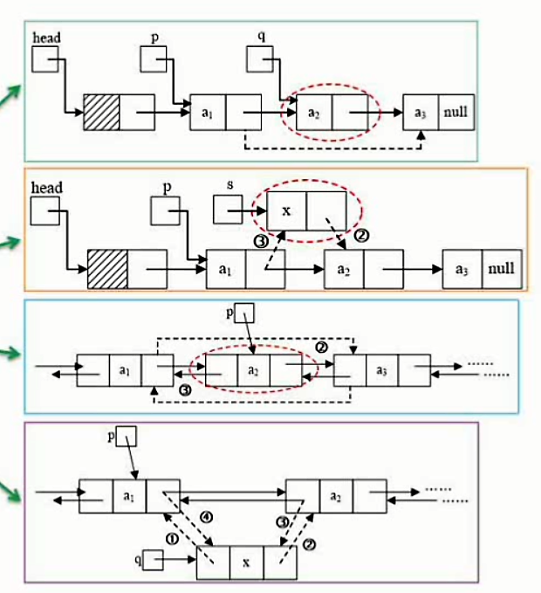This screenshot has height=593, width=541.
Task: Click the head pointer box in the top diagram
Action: (45, 59)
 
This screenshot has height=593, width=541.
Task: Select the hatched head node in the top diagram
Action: (101, 111)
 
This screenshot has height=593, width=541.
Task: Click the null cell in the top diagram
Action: (455, 113)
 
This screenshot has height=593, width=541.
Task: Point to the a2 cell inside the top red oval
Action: (314, 113)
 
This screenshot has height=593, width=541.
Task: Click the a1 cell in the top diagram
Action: (207, 113)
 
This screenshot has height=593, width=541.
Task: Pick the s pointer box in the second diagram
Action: (227, 207)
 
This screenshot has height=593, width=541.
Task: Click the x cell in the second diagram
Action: (286, 210)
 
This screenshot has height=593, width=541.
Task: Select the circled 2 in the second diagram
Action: (365, 236)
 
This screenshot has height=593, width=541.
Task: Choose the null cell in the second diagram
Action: (501, 268)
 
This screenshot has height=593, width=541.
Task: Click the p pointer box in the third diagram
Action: (245, 312)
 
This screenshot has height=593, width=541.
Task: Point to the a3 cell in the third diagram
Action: (381, 370)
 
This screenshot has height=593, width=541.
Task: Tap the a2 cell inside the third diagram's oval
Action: (253, 370)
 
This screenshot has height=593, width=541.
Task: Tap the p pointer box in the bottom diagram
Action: (125, 436)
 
